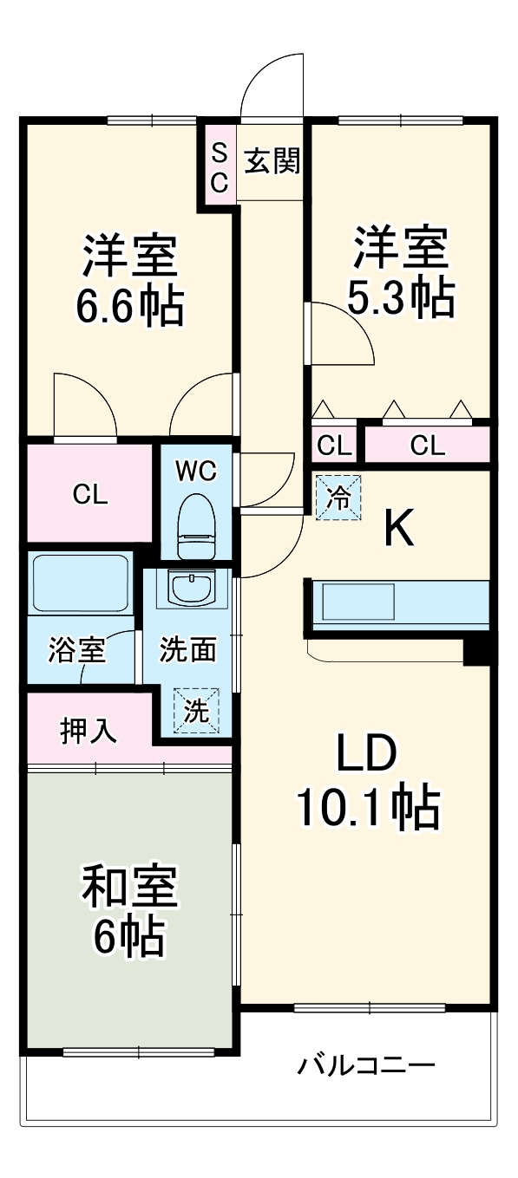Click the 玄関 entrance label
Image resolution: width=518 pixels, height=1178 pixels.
272,161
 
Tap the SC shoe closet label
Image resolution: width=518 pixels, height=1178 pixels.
220,168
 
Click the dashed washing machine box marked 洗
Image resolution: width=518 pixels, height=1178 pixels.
196,711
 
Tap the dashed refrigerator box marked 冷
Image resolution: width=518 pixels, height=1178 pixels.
338,498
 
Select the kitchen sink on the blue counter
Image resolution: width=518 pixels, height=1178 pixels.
358,602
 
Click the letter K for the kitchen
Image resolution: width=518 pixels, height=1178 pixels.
398,529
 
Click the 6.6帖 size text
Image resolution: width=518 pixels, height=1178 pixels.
129,305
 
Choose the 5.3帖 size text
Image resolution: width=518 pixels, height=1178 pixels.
400,298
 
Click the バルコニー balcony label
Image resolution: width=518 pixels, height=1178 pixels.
367,1064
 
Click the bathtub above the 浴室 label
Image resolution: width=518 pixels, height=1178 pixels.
79,582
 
